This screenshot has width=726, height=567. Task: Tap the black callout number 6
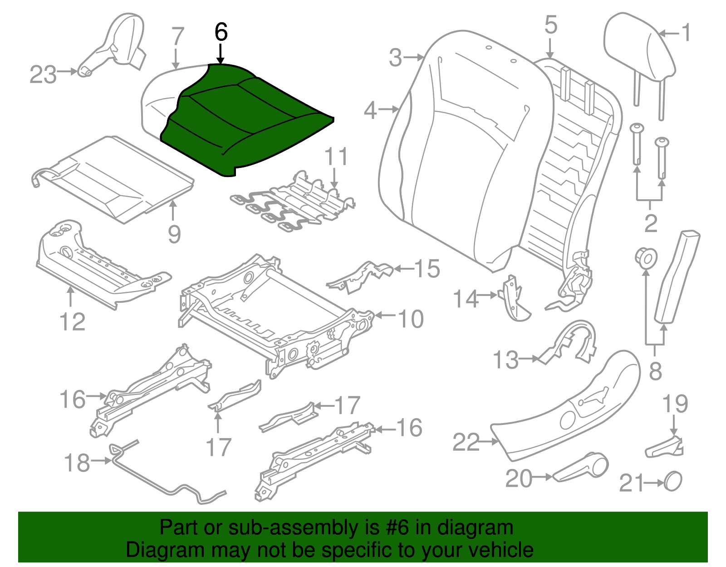click(x=221, y=33)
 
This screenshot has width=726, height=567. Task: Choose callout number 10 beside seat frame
click(x=411, y=319)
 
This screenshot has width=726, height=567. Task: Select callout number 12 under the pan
click(x=72, y=322)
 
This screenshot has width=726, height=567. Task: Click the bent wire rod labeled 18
click(x=168, y=486)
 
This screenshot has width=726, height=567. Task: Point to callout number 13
click(x=505, y=360)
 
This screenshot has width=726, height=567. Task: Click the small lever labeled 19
click(x=665, y=447)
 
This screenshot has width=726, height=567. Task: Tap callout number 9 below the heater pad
click(x=174, y=234)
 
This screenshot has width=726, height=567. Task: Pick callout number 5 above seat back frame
click(x=550, y=25)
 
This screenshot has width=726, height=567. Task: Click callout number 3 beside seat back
click(x=395, y=58)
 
